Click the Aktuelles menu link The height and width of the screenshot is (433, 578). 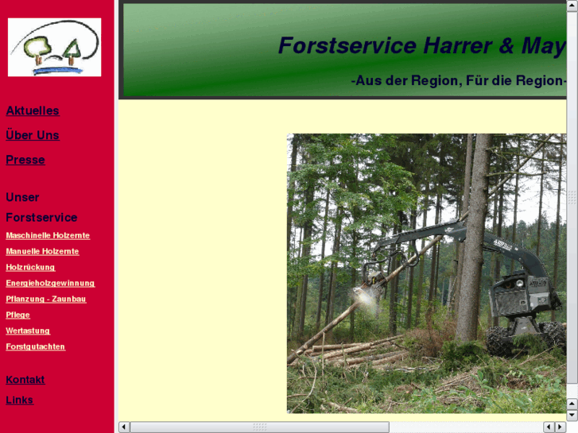pyautogui.click(x=33, y=110)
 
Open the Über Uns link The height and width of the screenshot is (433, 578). pyautogui.click(x=33, y=135)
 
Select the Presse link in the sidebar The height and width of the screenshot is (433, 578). pyautogui.click(x=25, y=160)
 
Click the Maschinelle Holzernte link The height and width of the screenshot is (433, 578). pyautogui.click(x=48, y=235)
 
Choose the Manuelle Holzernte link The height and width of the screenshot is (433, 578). pyautogui.click(x=42, y=251)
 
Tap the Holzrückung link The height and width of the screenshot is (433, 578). pyautogui.click(x=30, y=267)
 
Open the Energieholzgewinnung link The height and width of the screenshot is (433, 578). pyautogui.click(x=50, y=283)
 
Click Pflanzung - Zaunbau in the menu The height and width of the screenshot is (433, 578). pyautogui.click(x=45, y=299)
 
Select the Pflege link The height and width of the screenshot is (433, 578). pyautogui.click(x=17, y=315)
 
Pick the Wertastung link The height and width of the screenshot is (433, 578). pyautogui.click(x=28, y=331)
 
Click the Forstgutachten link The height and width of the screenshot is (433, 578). pyautogui.click(x=35, y=346)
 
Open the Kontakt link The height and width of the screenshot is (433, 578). pyautogui.click(x=25, y=380)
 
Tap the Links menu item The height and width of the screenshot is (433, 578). pyautogui.click(x=20, y=400)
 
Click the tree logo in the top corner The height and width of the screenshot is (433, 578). pyautogui.click(x=54, y=48)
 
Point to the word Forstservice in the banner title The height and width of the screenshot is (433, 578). pyautogui.click(x=347, y=46)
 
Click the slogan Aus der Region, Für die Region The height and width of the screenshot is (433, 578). pyautogui.click(x=457, y=80)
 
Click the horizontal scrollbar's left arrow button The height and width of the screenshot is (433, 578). pyautogui.click(x=124, y=427)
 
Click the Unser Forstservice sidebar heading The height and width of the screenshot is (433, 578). pyautogui.click(x=41, y=207)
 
